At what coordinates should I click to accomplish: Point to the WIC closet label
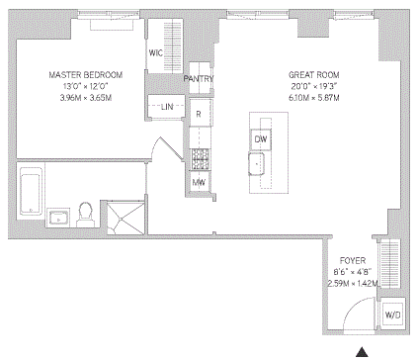(x=155, y=51)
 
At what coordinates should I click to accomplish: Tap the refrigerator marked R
(x=199, y=113)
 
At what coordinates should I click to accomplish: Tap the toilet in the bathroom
(x=86, y=214)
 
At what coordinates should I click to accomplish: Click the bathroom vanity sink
(x=56, y=216)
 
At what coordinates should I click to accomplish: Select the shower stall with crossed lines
(x=125, y=217)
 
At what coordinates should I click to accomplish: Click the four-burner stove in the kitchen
(x=199, y=156)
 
